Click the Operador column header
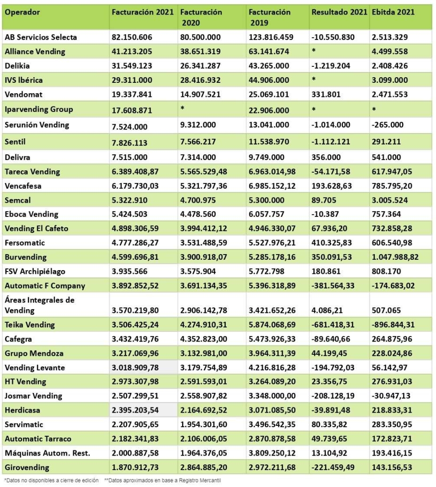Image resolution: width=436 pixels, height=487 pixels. (x=23, y=12)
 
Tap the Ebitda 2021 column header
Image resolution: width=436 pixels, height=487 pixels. (x=393, y=12)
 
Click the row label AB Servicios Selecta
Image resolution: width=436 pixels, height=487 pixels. (x=40, y=37)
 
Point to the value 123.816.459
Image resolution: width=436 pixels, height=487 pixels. (x=272, y=37)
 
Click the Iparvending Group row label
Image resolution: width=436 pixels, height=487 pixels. (x=39, y=109)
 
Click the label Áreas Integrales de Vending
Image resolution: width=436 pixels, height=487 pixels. (x=40, y=305)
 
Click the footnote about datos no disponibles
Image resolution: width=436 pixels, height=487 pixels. (x=51, y=481)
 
